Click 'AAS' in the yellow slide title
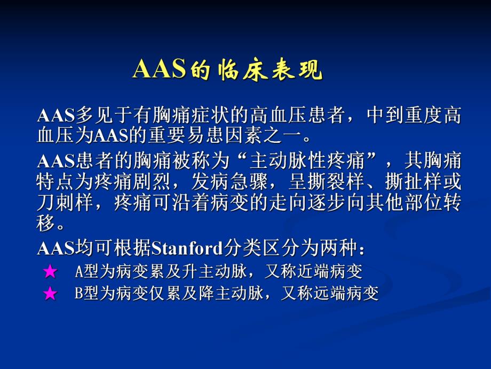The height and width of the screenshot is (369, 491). pos(159,70)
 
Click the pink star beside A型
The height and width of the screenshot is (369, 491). pos(50,272)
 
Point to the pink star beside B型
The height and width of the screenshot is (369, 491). pos(50,294)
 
